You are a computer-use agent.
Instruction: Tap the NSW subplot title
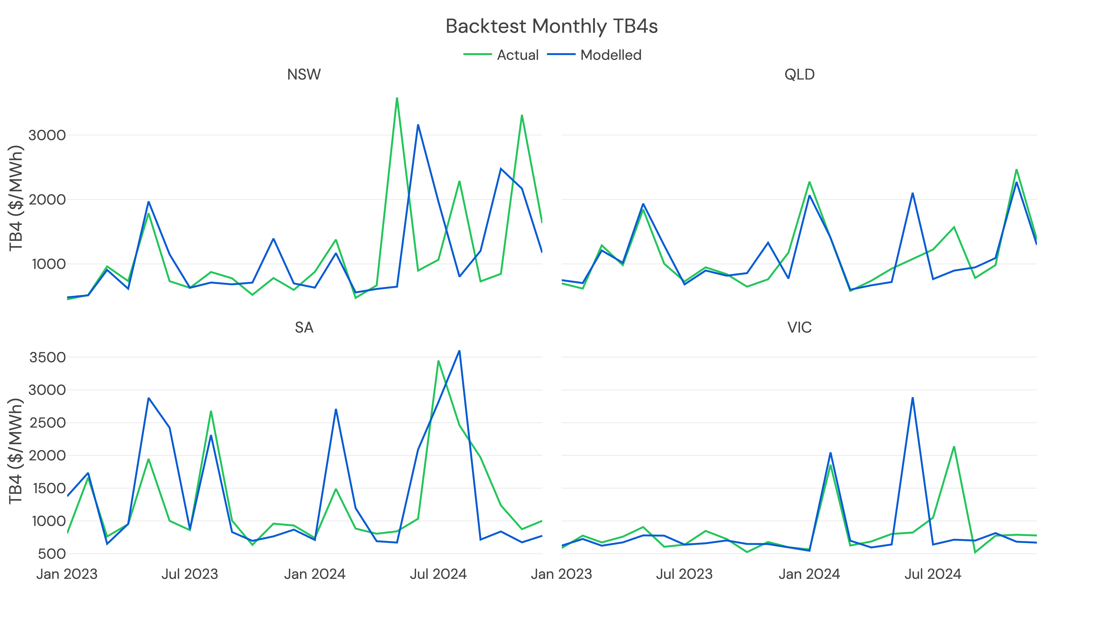[x=304, y=75]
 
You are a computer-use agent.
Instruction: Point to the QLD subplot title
[x=799, y=75]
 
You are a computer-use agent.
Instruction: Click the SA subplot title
[x=304, y=327]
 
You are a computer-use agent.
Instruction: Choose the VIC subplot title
[x=799, y=327]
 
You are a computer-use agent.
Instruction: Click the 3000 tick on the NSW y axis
[x=47, y=136]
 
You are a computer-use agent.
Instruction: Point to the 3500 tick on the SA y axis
[x=47, y=357]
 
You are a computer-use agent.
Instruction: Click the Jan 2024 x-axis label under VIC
[x=809, y=574]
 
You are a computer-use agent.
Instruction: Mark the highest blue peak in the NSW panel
[x=418, y=125]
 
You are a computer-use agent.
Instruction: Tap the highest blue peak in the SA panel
[x=459, y=351]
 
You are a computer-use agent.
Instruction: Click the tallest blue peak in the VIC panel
[x=912, y=398]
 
